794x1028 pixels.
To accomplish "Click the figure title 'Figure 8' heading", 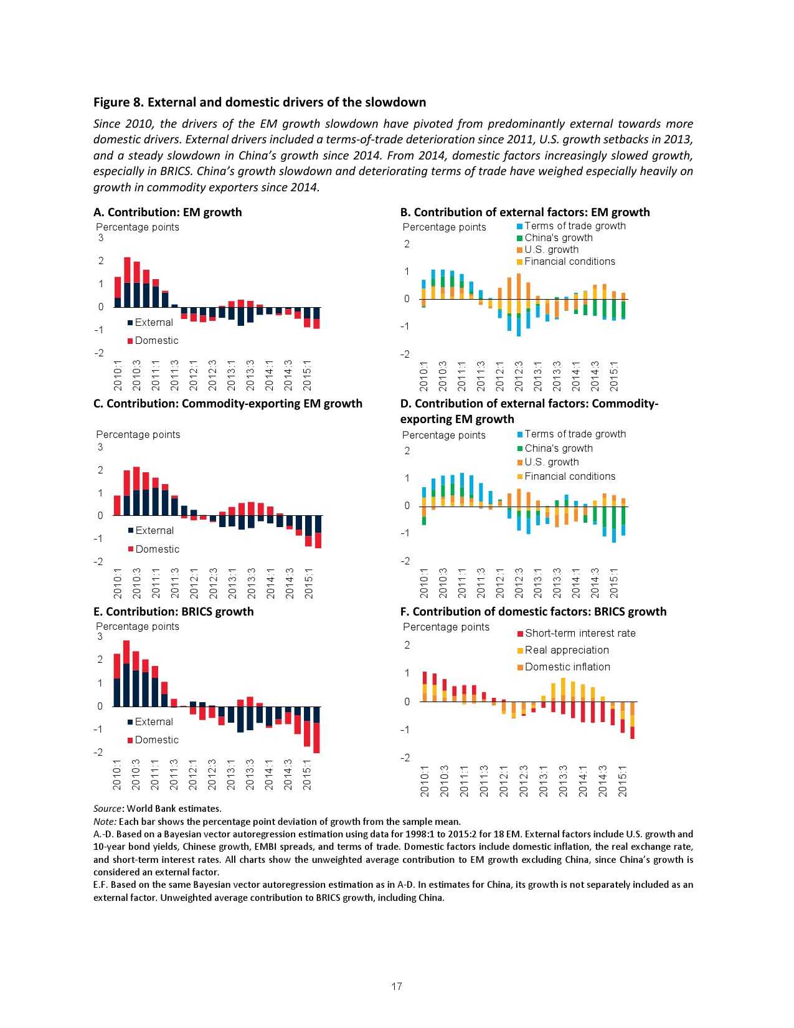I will click(260, 102).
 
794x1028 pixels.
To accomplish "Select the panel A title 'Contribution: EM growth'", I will click(168, 212).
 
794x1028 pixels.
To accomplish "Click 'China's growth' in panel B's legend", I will click(558, 237).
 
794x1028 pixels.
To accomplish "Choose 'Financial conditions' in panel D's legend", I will click(569, 476).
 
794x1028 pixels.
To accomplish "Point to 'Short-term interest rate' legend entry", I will click(580, 633).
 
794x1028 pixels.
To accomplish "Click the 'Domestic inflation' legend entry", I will click(567, 667).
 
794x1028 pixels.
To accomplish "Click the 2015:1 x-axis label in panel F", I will click(623, 781).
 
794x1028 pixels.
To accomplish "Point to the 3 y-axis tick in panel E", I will click(100, 636).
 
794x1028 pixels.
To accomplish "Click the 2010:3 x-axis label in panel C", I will click(137, 583).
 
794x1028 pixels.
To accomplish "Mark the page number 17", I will click(397, 986).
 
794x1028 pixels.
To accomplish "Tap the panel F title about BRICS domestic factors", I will click(533, 611).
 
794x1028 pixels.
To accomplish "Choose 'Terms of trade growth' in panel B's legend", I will click(574, 226).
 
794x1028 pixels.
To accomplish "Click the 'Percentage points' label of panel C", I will click(138, 434).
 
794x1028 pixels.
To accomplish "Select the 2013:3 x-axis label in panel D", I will click(557, 583).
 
